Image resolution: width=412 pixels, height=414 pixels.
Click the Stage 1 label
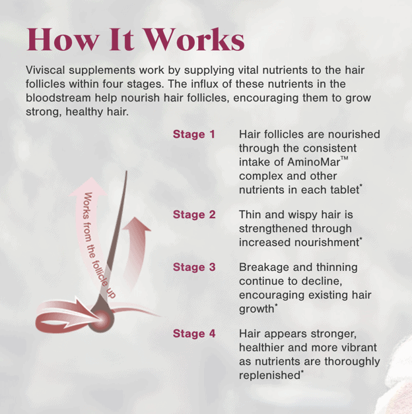(194, 134)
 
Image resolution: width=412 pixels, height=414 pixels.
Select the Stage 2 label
(194, 214)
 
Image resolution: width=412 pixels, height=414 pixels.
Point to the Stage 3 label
(194, 267)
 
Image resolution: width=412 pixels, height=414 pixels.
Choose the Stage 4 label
(194, 334)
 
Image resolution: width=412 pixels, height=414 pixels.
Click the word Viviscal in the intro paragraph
(45, 70)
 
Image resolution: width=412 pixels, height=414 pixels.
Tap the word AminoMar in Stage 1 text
(314, 162)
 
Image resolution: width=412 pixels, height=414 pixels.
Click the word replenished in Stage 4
(269, 376)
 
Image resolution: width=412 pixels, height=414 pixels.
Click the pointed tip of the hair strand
(126, 171)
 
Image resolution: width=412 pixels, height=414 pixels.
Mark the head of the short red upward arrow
(137, 223)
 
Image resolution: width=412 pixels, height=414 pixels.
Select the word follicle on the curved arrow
(100, 274)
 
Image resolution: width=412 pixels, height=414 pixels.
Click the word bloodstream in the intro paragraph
(58, 98)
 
